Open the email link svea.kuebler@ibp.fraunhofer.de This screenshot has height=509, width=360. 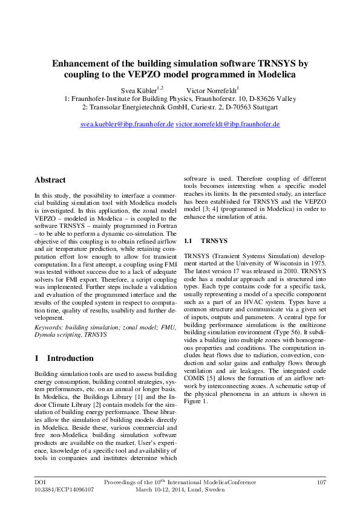pyautogui.click(x=127, y=124)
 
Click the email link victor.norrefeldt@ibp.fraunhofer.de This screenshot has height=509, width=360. pyautogui.click(x=227, y=124)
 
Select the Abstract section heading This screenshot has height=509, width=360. pyautogui.click(x=50, y=180)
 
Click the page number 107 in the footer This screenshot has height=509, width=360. pyautogui.click(x=321, y=482)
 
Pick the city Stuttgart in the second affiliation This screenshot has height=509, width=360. pyautogui.click(x=264, y=107)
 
